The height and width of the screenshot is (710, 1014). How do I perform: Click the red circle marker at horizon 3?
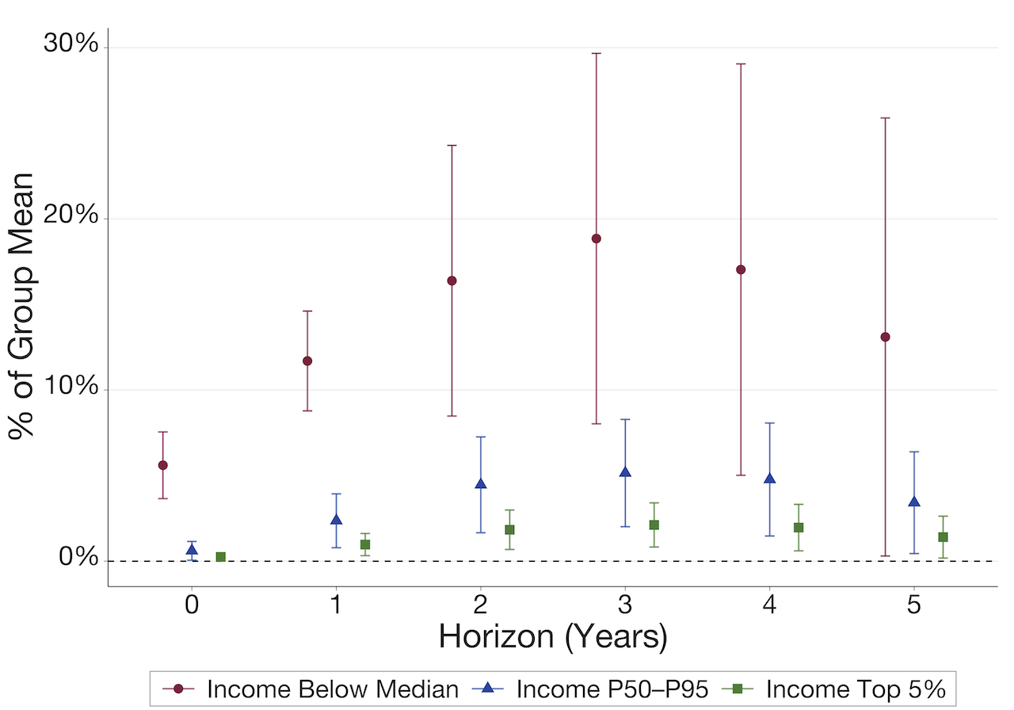coord(597,239)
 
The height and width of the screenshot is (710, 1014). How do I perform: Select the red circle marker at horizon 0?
coord(162,465)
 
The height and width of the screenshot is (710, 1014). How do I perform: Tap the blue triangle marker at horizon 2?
coord(480,483)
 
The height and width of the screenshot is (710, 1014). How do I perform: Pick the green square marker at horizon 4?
coord(799,528)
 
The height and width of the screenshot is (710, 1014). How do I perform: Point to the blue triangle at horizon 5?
coord(914,502)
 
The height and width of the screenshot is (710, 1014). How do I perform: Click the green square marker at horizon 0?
coord(221,557)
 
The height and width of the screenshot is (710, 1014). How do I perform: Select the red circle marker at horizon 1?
coord(307,361)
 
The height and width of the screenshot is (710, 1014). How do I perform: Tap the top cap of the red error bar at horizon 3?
coord(597,53)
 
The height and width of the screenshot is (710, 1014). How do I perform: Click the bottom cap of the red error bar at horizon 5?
coord(886,556)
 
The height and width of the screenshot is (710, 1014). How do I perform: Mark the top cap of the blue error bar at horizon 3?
coord(625,419)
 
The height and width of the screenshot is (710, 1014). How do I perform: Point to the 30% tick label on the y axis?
coord(70,45)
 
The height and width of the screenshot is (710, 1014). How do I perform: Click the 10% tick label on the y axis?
coord(70,388)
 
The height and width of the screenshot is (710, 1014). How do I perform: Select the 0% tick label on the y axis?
coord(78,559)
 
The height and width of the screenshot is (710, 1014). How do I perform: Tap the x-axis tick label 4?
coord(769,606)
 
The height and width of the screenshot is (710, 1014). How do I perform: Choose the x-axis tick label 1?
coord(336,606)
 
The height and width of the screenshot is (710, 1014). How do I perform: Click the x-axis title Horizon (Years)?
coord(552,637)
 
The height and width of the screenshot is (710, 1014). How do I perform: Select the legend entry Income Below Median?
coord(333,689)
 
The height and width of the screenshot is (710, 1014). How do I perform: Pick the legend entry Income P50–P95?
coord(612,689)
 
